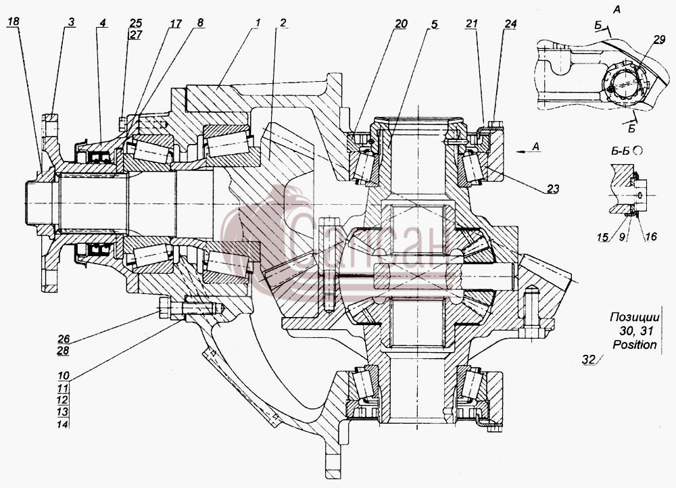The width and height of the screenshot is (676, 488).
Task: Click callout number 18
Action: [x=13, y=22]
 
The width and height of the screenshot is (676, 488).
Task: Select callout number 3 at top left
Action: [x=71, y=22]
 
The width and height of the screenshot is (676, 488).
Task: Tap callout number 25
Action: [x=135, y=23]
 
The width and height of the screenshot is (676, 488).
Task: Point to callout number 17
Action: [x=175, y=23]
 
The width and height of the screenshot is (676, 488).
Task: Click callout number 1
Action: [x=257, y=22]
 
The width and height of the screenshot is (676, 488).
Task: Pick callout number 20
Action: [x=400, y=24]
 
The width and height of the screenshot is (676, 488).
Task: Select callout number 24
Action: [x=510, y=24]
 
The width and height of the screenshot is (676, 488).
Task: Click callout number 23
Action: [x=553, y=189]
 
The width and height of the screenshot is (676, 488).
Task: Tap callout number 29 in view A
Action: [x=659, y=40]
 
